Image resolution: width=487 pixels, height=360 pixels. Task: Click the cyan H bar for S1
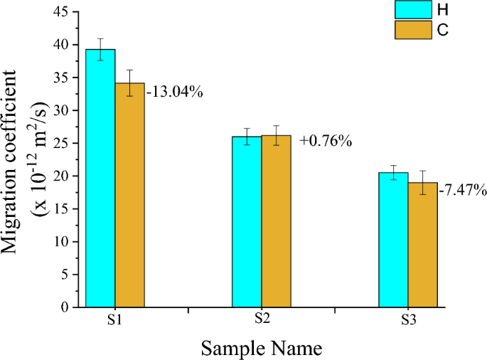point(100,178)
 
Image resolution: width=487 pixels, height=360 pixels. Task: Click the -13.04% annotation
point(175,91)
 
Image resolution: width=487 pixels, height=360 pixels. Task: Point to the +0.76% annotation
point(326,141)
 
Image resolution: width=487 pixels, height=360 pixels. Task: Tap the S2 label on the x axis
point(262,319)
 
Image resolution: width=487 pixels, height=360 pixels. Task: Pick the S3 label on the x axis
point(407,321)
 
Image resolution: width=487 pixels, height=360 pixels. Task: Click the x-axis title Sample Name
point(262,348)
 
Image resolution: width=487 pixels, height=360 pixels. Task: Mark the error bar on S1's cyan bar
point(100,49)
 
